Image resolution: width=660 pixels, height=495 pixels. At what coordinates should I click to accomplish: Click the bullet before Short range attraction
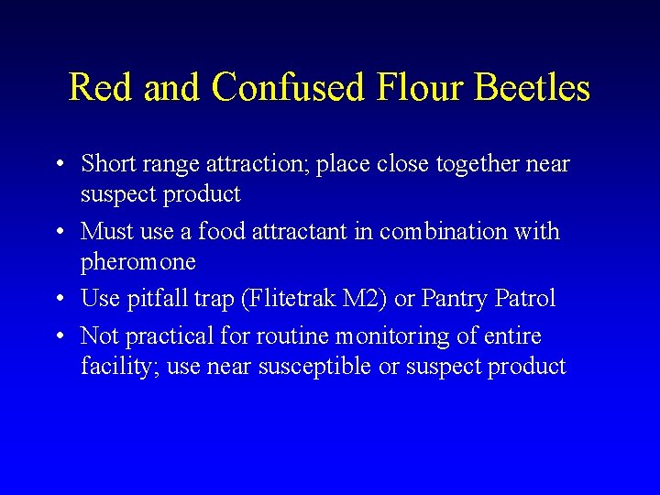[58, 165]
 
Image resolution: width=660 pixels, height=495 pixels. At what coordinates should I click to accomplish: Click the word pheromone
[138, 263]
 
